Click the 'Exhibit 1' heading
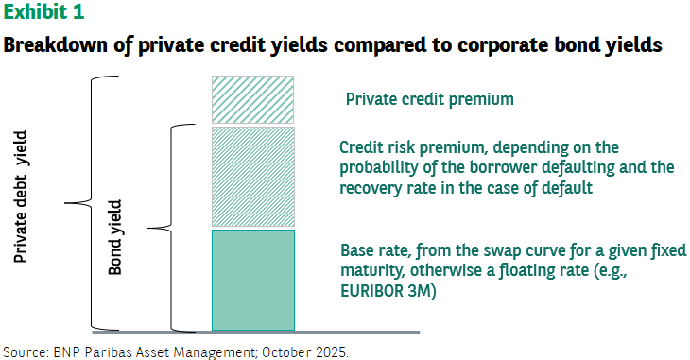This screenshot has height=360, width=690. (x=43, y=11)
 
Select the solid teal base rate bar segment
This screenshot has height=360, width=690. (x=253, y=280)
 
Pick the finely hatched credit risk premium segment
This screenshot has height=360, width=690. (x=253, y=177)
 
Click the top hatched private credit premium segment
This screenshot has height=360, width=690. (x=252, y=99)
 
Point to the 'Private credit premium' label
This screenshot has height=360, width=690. (x=429, y=99)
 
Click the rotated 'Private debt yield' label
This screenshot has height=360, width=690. (x=20, y=197)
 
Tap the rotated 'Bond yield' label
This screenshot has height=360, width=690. (x=115, y=237)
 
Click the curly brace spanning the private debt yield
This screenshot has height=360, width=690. (x=92, y=203)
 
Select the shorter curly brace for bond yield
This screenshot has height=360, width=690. (x=171, y=228)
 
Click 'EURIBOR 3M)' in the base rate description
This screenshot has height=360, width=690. (x=388, y=291)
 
